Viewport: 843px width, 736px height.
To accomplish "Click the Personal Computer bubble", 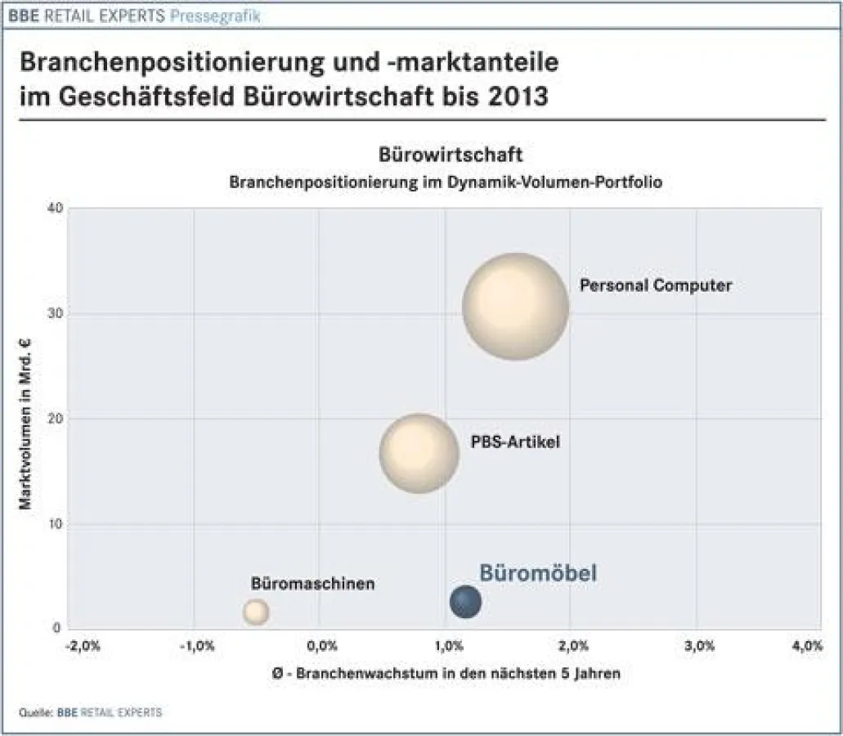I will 515,307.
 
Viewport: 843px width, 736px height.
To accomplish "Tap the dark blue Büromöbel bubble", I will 465,602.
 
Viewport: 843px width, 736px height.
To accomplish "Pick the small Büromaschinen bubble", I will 256,611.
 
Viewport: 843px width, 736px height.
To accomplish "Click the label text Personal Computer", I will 656,285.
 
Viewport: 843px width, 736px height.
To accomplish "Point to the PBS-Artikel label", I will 515,442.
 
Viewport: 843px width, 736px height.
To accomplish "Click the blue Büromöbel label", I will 537,573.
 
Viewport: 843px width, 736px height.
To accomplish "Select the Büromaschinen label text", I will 312,584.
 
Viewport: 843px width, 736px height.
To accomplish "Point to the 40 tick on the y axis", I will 55,209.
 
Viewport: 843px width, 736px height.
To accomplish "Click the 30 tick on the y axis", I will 55,314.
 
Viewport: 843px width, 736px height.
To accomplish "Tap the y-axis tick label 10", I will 55,524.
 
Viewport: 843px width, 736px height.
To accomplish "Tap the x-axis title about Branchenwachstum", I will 445,674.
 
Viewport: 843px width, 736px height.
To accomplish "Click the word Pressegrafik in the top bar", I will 222,16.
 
